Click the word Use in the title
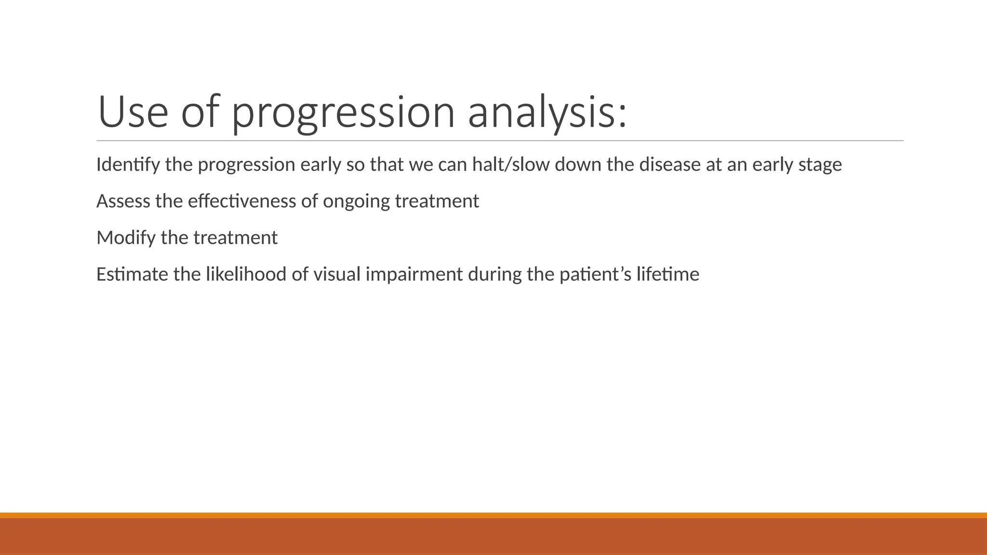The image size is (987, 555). tap(133, 113)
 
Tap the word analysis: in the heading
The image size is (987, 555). tap(547, 113)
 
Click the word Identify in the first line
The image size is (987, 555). tap(128, 165)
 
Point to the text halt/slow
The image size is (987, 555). tap(510, 165)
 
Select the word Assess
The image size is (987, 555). tap(123, 201)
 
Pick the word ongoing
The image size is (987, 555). tap(356, 201)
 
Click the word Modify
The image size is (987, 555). tap(126, 238)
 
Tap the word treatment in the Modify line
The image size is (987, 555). tap(235, 238)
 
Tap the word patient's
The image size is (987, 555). tap(595, 275)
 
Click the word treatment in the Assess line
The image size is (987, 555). tap(437, 201)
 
